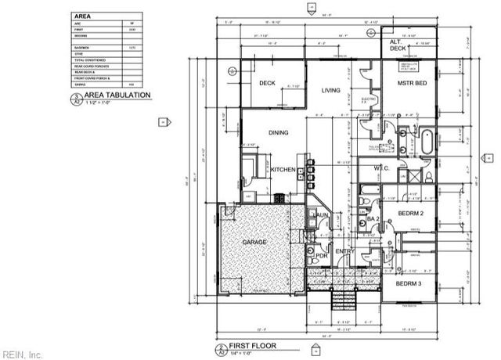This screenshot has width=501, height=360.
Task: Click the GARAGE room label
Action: tap(254, 243)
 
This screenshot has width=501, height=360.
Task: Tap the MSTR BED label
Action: tap(410, 83)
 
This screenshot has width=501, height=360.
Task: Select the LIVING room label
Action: tap(330, 91)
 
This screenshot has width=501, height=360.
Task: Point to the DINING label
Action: tap(279, 133)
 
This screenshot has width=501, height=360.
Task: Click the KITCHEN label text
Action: tap(283, 170)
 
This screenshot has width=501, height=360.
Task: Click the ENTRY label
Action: tap(344, 251)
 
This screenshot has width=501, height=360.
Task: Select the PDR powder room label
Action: tap(320, 254)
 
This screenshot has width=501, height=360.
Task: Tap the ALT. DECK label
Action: tap(398, 45)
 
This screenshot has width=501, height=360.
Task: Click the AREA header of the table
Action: tap(81, 16)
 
